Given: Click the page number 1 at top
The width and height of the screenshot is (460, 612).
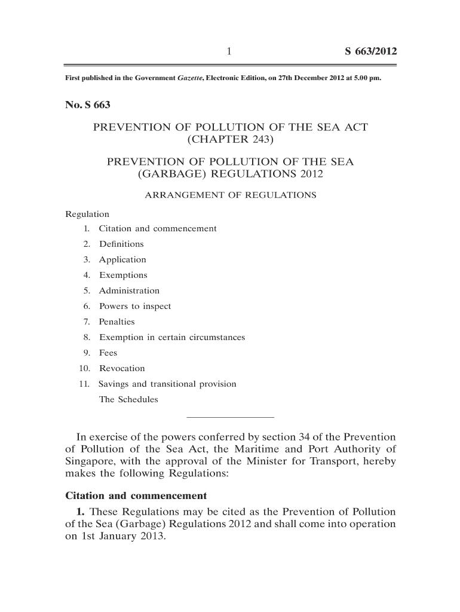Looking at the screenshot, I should (229, 52).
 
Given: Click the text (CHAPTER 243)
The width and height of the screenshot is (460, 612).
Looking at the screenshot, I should (231, 140).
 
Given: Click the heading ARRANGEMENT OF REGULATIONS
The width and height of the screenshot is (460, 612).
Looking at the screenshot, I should (231, 195).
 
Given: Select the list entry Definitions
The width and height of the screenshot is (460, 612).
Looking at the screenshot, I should (121, 244).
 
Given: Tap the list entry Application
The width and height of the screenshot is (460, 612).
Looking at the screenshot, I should (122, 259).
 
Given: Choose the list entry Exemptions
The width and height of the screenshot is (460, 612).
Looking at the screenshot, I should (123, 275).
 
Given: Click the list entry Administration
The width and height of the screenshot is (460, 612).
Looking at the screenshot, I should (129, 290).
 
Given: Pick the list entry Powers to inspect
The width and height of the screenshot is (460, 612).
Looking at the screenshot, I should (135, 306).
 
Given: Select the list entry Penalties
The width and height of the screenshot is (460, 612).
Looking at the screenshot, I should (117, 322).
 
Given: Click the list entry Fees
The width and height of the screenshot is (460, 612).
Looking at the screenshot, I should (108, 353).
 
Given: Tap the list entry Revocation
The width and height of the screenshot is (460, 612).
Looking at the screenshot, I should (122, 368).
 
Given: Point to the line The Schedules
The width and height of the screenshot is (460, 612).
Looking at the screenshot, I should (128, 399).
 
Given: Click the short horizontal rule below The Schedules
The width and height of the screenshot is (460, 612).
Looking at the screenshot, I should (231, 416).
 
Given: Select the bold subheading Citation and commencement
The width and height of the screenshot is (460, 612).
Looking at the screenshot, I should (136, 495).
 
